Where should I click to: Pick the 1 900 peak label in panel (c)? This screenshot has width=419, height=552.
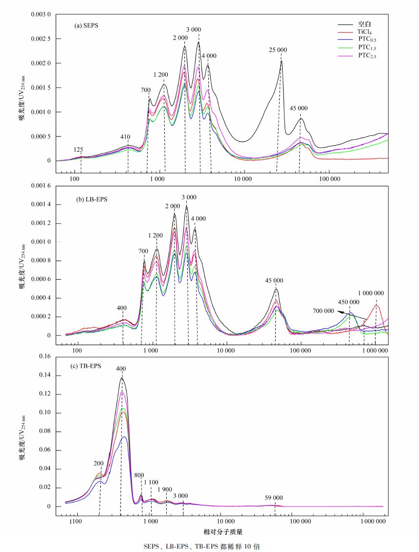pyautogui.click(x=165, y=489)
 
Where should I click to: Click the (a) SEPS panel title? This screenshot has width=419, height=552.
pyautogui.click(x=87, y=25)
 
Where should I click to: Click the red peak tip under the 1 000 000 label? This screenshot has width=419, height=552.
pyautogui.click(x=375, y=305)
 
